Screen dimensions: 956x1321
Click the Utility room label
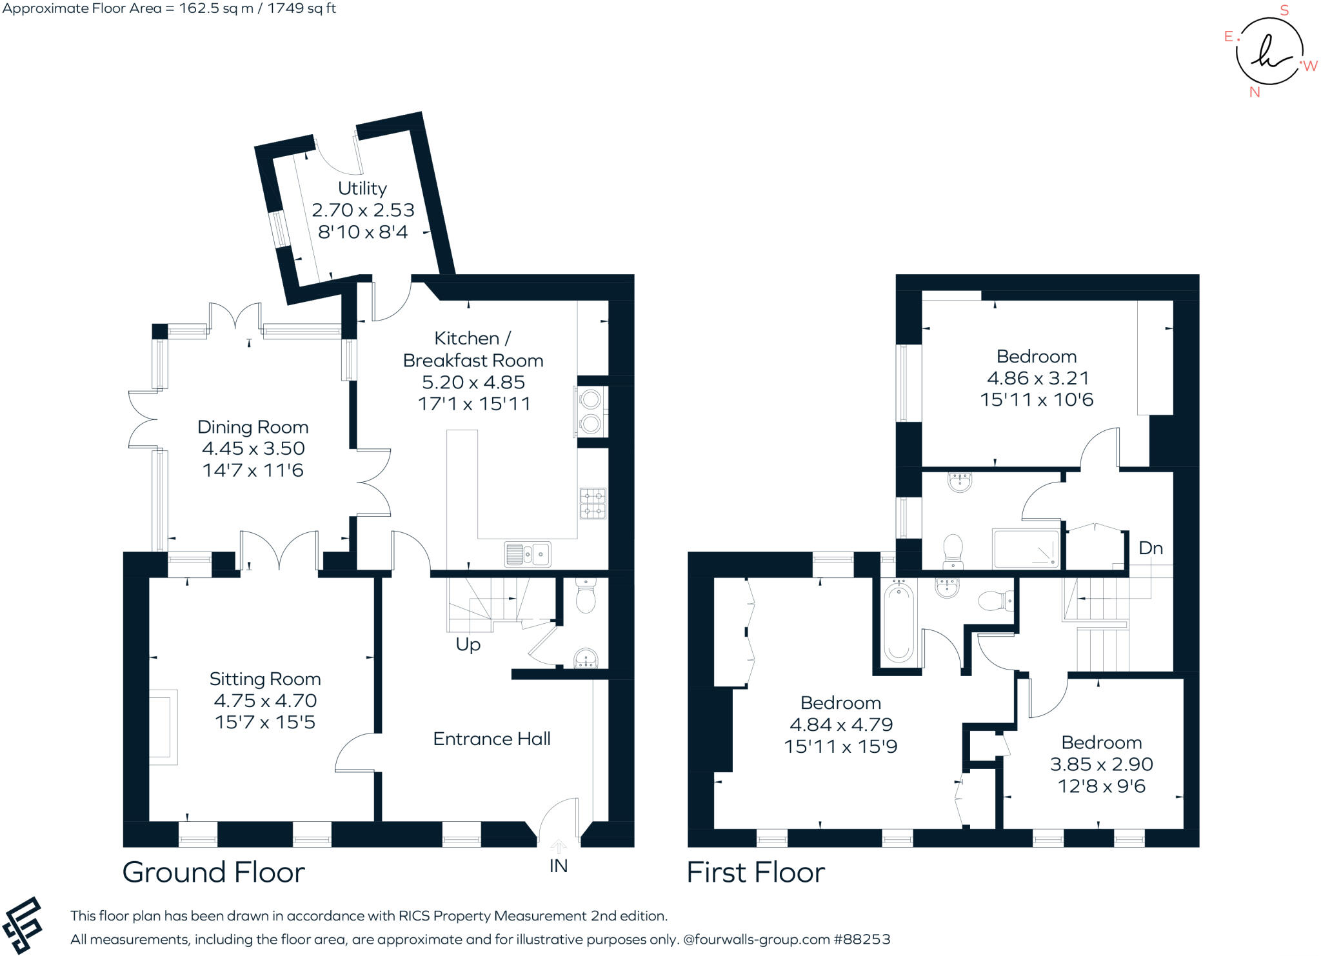click(x=363, y=188)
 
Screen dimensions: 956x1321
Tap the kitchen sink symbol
click(x=528, y=553)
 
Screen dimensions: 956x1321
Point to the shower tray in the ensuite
click(x=1026, y=548)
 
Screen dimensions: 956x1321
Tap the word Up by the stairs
click(x=468, y=644)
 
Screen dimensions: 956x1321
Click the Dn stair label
click(x=1151, y=548)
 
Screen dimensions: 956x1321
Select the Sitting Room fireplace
click(x=163, y=728)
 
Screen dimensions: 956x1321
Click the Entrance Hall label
click(x=492, y=739)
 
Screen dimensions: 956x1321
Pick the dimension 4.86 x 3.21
click(x=1037, y=378)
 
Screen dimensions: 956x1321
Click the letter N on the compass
click(x=1255, y=92)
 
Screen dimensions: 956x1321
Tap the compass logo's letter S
click(x=1284, y=10)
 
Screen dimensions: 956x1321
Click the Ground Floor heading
click(x=214, y=872)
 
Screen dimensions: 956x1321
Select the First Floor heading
click(x=755, y=872)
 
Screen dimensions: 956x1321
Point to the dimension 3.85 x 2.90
click(x=1101, y=764)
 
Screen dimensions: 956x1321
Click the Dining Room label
click(x=253, y=427)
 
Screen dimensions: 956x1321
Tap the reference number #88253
click(x=862, y=939)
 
